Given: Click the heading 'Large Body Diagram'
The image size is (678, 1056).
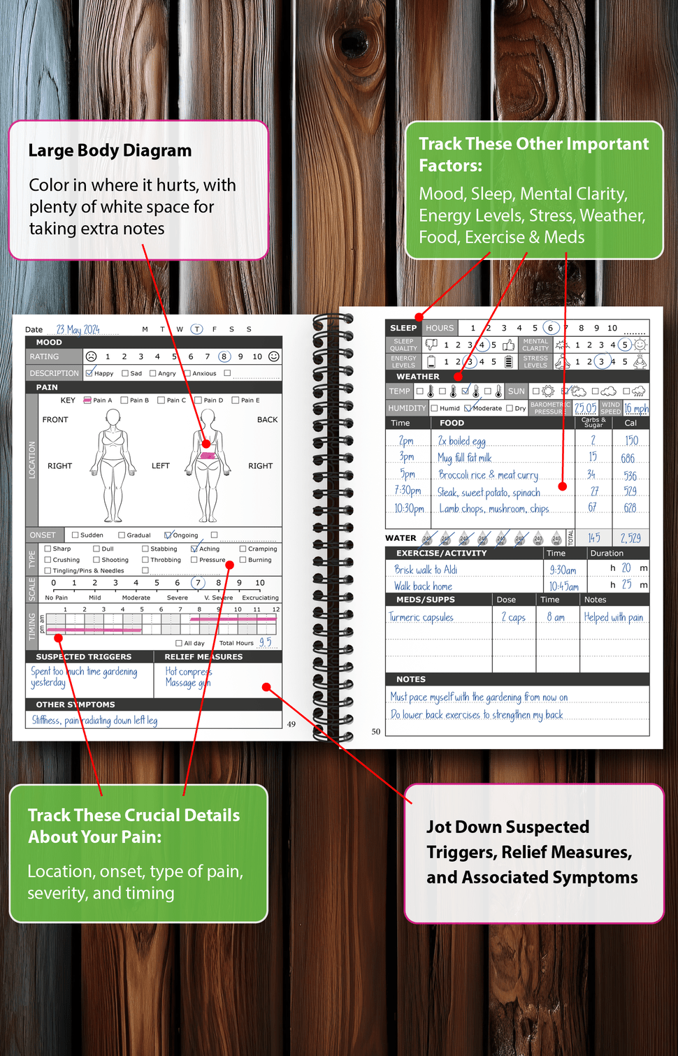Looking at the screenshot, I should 110,150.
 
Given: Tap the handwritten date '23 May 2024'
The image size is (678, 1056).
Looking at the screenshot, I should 78,329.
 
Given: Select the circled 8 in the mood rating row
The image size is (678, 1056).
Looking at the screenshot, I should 224,356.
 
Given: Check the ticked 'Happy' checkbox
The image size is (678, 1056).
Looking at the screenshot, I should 89,373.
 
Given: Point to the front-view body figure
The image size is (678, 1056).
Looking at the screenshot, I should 113,465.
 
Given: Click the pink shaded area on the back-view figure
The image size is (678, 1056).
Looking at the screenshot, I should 208,456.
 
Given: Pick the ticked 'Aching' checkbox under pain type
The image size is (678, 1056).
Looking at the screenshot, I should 194,549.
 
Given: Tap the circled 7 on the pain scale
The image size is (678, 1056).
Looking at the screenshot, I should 198,583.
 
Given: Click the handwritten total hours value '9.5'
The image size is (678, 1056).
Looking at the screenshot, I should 266,642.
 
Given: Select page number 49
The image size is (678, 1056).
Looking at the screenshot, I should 291,724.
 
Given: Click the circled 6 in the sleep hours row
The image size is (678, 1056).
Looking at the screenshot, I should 550,328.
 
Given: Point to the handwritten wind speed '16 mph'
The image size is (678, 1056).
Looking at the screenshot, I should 636,408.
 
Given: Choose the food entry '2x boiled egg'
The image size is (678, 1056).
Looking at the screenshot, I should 461,441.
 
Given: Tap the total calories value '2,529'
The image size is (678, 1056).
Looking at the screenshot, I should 630,537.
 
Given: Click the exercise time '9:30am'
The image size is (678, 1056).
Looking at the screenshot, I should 563,570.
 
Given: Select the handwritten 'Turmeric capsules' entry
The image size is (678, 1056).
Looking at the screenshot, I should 421,617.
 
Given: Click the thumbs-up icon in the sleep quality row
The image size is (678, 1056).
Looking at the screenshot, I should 508,345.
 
